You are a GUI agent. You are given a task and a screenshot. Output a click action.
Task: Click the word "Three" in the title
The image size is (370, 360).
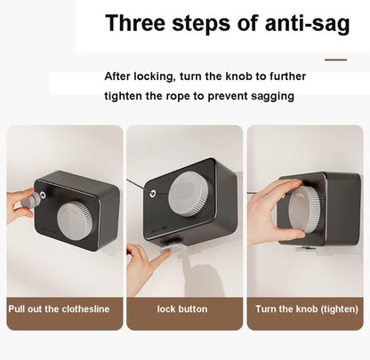point(135,22)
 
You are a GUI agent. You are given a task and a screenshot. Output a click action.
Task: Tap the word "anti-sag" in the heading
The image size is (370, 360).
point(307,24)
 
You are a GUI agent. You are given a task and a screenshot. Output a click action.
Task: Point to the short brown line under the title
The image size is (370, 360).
point(335,60)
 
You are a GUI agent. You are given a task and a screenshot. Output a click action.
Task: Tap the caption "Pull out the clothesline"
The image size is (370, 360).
point(59,309)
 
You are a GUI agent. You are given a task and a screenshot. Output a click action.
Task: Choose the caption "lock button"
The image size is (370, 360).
point(182,309)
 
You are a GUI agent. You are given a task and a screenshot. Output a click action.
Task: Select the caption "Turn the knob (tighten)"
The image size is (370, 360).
point(307,309)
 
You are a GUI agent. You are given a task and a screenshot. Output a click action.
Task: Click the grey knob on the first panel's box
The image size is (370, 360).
point(76,220)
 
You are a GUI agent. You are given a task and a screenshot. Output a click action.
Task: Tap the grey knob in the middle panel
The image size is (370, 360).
point(188,193)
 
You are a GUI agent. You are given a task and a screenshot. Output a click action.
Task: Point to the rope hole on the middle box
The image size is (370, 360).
point(153,194)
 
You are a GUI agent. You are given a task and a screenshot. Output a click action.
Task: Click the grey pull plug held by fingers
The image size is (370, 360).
point(30,199)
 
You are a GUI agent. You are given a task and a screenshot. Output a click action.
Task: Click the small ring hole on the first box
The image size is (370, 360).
point(44,195)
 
